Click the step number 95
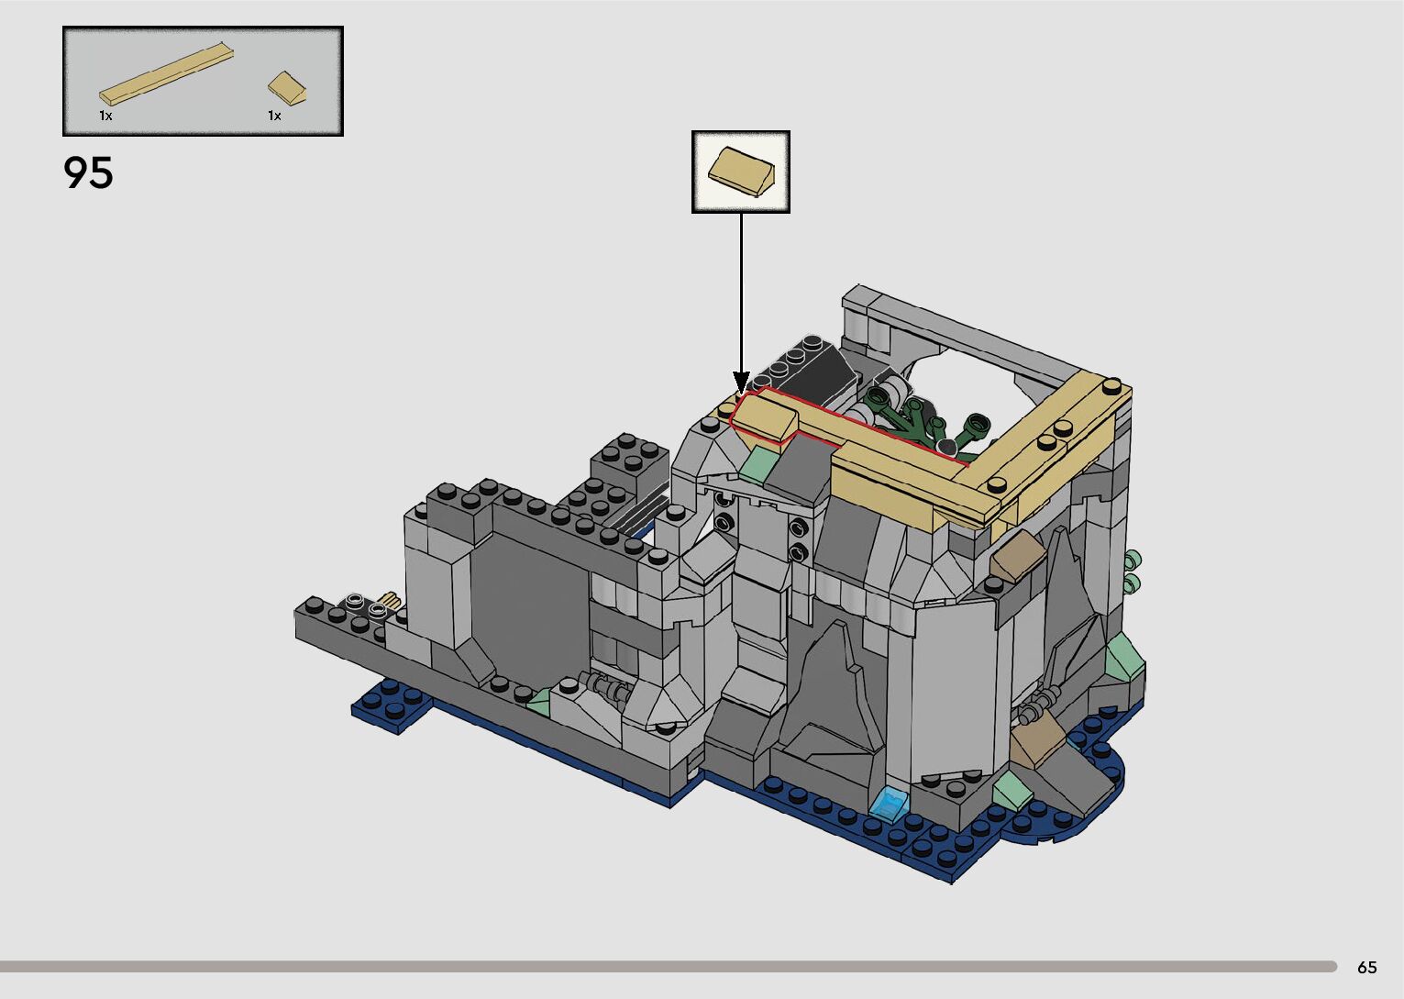point(88,172)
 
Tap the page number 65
point(1367,967)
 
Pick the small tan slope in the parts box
point(287,88)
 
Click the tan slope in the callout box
point(742,172)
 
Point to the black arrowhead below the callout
point(742,382)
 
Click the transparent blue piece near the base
point(888,805)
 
